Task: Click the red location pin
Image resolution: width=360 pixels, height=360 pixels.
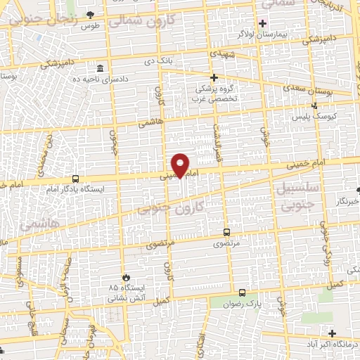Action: click(x=181, y=165)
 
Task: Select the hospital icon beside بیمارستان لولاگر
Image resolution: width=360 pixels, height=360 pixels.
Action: click(x=262, y=22)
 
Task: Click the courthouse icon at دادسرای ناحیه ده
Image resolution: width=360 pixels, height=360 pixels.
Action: click(x=101, y=68)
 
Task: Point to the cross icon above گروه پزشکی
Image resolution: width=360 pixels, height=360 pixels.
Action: click(x=214, y=77)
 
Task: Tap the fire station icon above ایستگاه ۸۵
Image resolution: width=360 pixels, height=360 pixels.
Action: click(x=127, y=277)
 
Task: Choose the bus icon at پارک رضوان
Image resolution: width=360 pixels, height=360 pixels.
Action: click(x=242, y=292)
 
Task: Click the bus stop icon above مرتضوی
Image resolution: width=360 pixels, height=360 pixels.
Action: click(x=226, y=231)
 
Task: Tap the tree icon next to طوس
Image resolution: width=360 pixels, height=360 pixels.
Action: click(x=89, y=15)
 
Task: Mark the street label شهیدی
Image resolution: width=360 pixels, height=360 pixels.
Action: click(x=215, y=54)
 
